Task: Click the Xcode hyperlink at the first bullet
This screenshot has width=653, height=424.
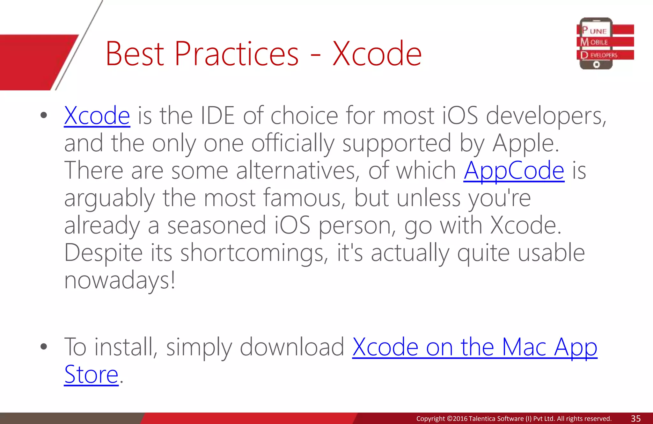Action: point(97,116)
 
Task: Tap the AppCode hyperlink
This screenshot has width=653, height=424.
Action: point(514,171)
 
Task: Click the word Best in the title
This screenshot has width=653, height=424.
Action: point(135,54)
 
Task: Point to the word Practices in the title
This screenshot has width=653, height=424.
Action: point(236,54)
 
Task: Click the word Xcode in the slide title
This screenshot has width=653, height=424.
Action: point(377,54)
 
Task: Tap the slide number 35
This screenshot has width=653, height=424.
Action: point(635,418)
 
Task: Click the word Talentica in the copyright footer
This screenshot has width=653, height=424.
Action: point(481,419)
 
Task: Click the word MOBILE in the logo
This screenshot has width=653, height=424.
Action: point(594,42)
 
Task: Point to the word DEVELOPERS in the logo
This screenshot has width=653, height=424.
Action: point(599,55)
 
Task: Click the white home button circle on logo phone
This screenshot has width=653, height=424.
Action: point(596,65)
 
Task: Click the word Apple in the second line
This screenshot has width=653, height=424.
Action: point(525,143)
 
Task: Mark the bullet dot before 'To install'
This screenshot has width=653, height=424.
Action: point(44,347)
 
